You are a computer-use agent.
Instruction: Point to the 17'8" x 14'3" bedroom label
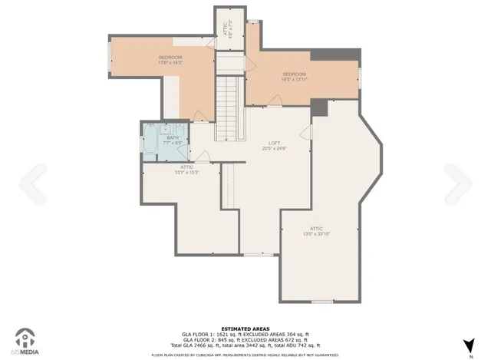click(170, 61)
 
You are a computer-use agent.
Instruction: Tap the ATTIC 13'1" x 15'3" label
click(187, 170)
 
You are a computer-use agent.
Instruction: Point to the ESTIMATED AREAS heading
click(245, 328)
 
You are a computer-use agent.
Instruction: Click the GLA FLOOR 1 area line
click(245, 335)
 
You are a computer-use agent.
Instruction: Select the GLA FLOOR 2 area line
click(245, 340)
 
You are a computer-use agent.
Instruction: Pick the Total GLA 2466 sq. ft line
click(245, 345)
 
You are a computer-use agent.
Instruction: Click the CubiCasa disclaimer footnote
click(245, 355)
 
